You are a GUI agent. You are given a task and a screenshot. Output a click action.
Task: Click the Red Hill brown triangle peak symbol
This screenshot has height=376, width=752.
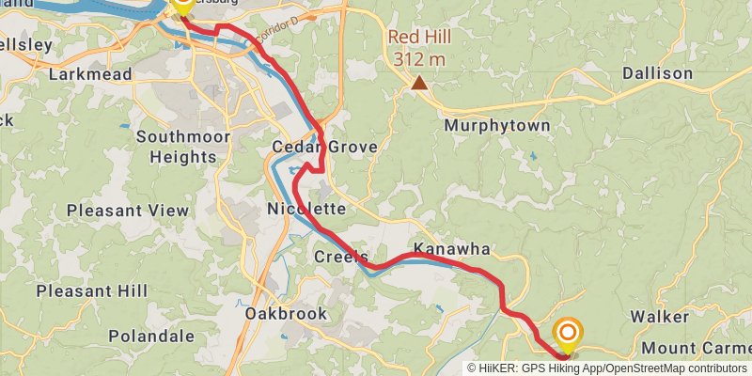point(419,84)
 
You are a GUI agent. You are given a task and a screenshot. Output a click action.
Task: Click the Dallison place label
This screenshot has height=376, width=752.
point(657,73)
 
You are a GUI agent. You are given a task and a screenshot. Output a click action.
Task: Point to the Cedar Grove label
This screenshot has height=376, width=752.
point(325,148)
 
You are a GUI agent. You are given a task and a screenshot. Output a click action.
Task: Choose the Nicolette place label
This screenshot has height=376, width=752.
point(306,208)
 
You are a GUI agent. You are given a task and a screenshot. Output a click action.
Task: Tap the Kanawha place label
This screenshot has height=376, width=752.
point(452,249)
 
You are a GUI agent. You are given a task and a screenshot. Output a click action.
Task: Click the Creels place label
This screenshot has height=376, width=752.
point(340,257)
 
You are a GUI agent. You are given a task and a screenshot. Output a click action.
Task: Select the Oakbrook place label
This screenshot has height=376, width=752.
point(286,314)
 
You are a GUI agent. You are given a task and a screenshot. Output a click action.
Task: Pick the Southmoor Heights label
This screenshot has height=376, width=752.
point(183,147)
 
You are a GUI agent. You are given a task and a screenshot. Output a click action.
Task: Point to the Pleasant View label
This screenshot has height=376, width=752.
point(128,211)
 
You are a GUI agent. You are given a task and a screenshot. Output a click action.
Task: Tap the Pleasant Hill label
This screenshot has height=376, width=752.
point(91,291)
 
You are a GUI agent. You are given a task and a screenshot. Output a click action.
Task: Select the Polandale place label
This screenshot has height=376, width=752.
point(151,336)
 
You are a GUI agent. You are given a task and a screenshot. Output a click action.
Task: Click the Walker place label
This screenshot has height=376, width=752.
point(660,316)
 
